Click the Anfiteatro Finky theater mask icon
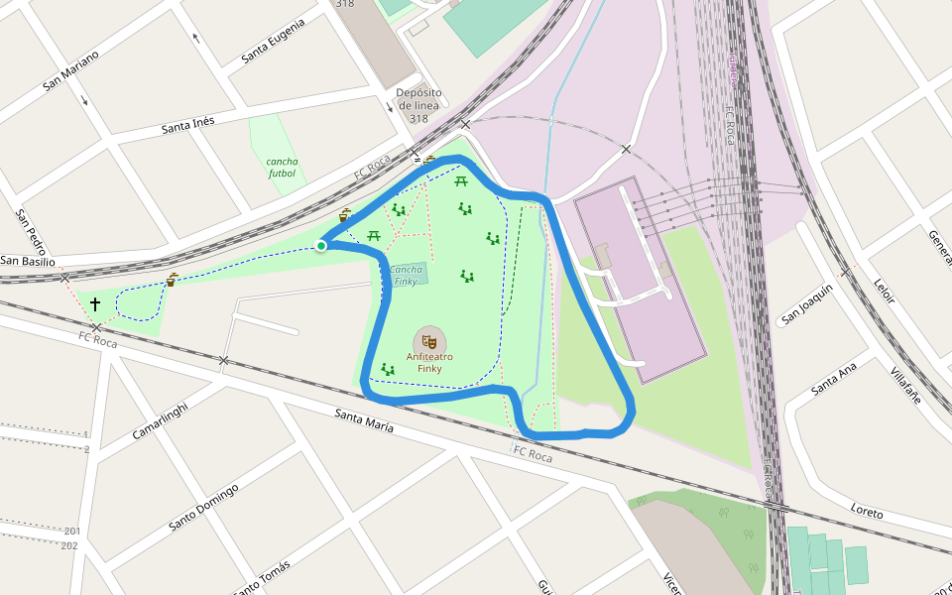tap(429, 340)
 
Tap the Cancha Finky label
tap(406, 276)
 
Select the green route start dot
tap(321, 245)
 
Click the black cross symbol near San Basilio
tap(95, 303)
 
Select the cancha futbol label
tap(282, 167)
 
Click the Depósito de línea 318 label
tap(417, 105)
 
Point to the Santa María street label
tap(364, 420)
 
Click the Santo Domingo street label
tap(203, 506)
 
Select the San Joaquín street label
tap(806, 304)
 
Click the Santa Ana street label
tap(833, 379)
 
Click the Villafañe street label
tap(905, 385)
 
